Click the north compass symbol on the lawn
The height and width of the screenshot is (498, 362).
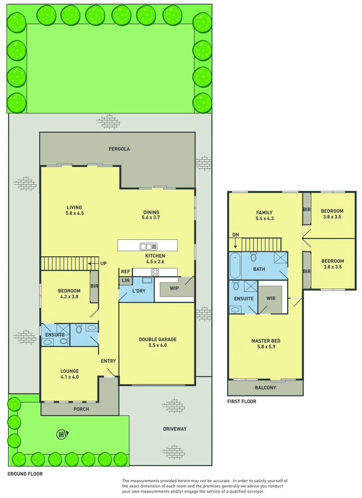(x=61, y=434)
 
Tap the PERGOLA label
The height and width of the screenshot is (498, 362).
(x=119, y=149)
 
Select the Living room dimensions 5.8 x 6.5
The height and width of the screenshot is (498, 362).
(x=74, y=213)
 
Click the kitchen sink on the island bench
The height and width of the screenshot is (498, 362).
(x=149, y=246)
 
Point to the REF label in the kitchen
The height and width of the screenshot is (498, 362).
(x=126, y=272)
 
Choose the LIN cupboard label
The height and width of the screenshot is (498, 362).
(x=125, y=280)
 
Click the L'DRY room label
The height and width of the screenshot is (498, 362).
(x=139, y=291)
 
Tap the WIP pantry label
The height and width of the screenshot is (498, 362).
(x=174, y=289)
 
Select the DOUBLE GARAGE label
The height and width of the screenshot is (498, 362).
(x=157, y=339)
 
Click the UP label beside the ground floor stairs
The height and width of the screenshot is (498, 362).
(x=103, y=264)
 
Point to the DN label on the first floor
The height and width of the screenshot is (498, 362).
(x=235, y=234)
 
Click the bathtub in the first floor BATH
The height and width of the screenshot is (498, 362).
(x=235, y=266)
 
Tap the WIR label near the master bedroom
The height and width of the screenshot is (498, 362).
(x=271, y=298)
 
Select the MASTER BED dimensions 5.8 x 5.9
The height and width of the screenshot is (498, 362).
(x=265, y=347)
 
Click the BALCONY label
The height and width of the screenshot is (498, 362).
(x=265, y=388)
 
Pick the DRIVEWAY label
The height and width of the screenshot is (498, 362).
(x=175, y=429)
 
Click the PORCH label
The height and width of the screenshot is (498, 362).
(x=81, y=409)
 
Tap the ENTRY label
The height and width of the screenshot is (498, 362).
(x=108, y=361)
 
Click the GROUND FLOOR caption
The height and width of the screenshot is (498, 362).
(x=25, y=474)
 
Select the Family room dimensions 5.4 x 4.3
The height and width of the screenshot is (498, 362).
(x=265, y=219)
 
